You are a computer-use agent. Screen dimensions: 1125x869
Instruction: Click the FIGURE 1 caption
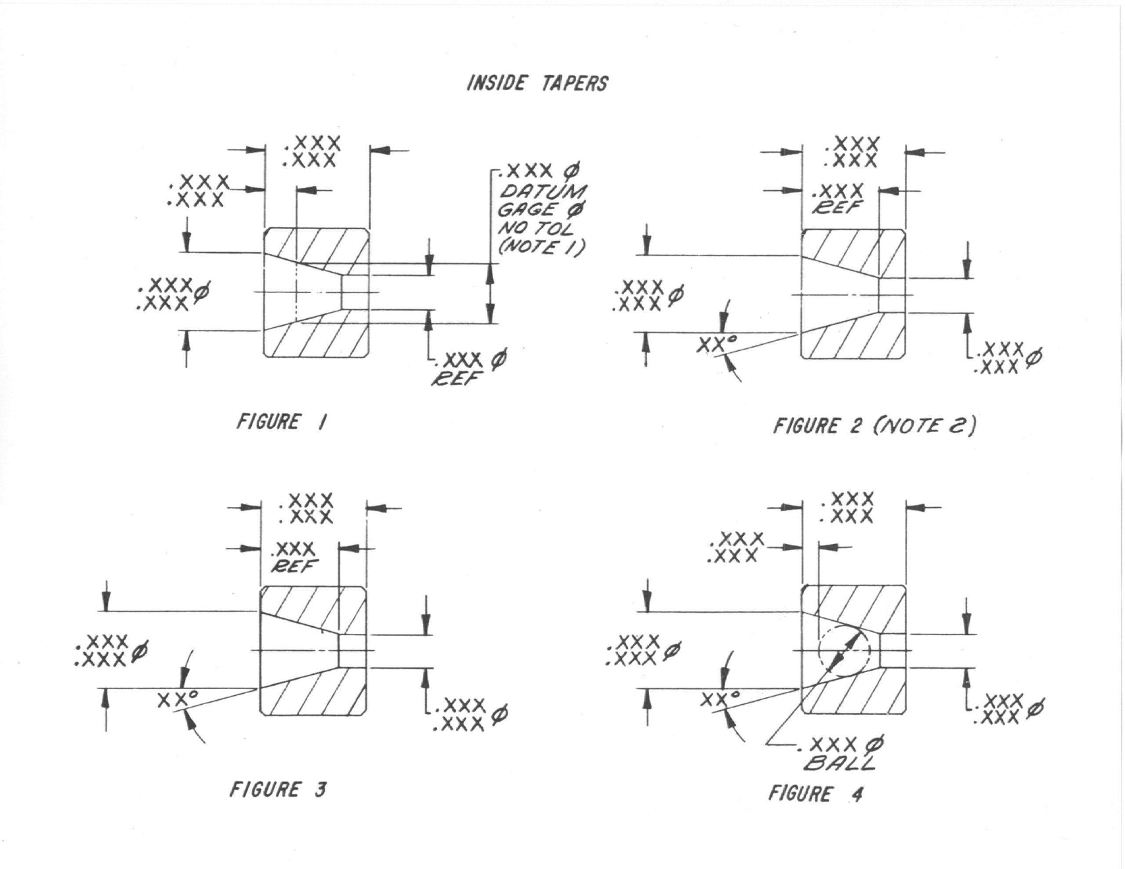(281, 422)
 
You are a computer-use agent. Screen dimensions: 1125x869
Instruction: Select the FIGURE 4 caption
(816, 793)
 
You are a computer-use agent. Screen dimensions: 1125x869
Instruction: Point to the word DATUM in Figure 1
(543, 192)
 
